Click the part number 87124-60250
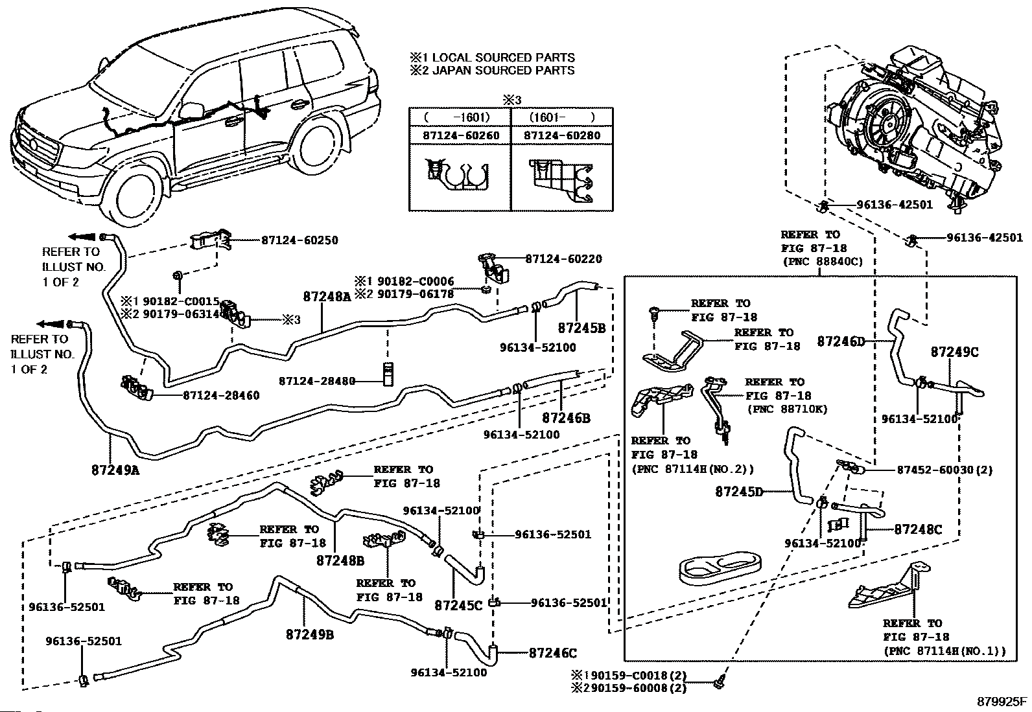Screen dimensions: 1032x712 pyautogui.click(x=300, y=240)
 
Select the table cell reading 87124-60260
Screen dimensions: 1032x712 pyautogui.click(x=461, y=135)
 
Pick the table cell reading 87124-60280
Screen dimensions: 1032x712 pyautogui.click(x=562, y=135)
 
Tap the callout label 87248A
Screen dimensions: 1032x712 pyautogui.click(x=327, y=297)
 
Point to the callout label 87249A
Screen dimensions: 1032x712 pyautogui.click(x=115, y=470)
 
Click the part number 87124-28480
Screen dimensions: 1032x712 pyautogui.click(x=317, y=381)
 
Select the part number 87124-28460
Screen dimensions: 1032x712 pyautogui.click(x=221, y=395)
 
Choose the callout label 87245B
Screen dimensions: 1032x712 pyautogui.click(x=581, y=328)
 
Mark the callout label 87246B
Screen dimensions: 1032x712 pyautogui.click(x=566, y=418)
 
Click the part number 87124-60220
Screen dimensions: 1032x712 pyautogui.click(x=563, y=259)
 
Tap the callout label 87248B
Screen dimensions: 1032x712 pyautogui.click(x=340, y=560)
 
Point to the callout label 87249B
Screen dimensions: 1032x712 pyautogui.click(x=310, y=634)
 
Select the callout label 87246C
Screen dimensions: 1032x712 pyautogui.click(x=553, y=653)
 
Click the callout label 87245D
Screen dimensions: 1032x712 pyautogui.click(x=739, y=492)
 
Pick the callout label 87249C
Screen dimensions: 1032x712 pyautogui.click(x=955, y=352)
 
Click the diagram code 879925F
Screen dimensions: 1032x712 pyautogui.click(x=1002, y=702)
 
